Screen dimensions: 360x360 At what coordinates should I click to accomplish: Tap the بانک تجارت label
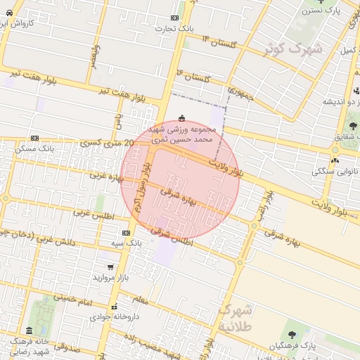coord(175,28)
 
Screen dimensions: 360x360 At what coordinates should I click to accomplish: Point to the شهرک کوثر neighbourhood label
coord(293,49)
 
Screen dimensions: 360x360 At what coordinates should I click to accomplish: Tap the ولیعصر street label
coord(94,56)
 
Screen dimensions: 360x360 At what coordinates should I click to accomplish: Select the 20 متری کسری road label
coord(105,142)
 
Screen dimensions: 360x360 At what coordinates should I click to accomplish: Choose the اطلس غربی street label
coord(93,214)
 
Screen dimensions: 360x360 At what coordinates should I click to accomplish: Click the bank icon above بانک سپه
coord(126,233)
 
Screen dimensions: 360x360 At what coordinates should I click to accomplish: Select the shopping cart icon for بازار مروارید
coord(111,267)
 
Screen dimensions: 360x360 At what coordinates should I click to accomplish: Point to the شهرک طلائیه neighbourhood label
coord(235,317)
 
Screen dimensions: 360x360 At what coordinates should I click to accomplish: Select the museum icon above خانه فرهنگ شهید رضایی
coord(29,330)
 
